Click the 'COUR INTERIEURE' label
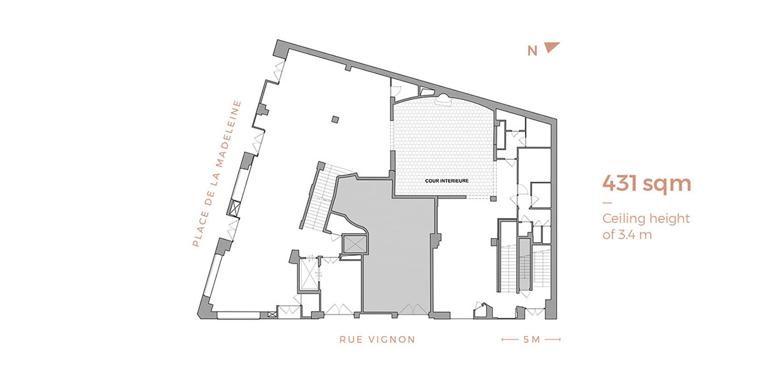point(446,181)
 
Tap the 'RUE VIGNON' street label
point(377,339)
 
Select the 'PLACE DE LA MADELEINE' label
point(217,173)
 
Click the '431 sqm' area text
point(646,184)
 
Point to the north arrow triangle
point(551,46)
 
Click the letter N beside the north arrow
point(532,51)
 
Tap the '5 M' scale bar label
point(532,339)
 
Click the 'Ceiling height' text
point(646,218)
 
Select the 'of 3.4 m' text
point(627,235)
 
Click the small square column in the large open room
point(336,120)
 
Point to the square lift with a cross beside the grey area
point(355,244)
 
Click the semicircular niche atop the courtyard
point(444,99)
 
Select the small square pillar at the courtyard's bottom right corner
point(493,199)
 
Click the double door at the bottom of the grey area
point(413,309)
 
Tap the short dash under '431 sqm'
point(607,203)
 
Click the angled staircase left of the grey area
point(319,198)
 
